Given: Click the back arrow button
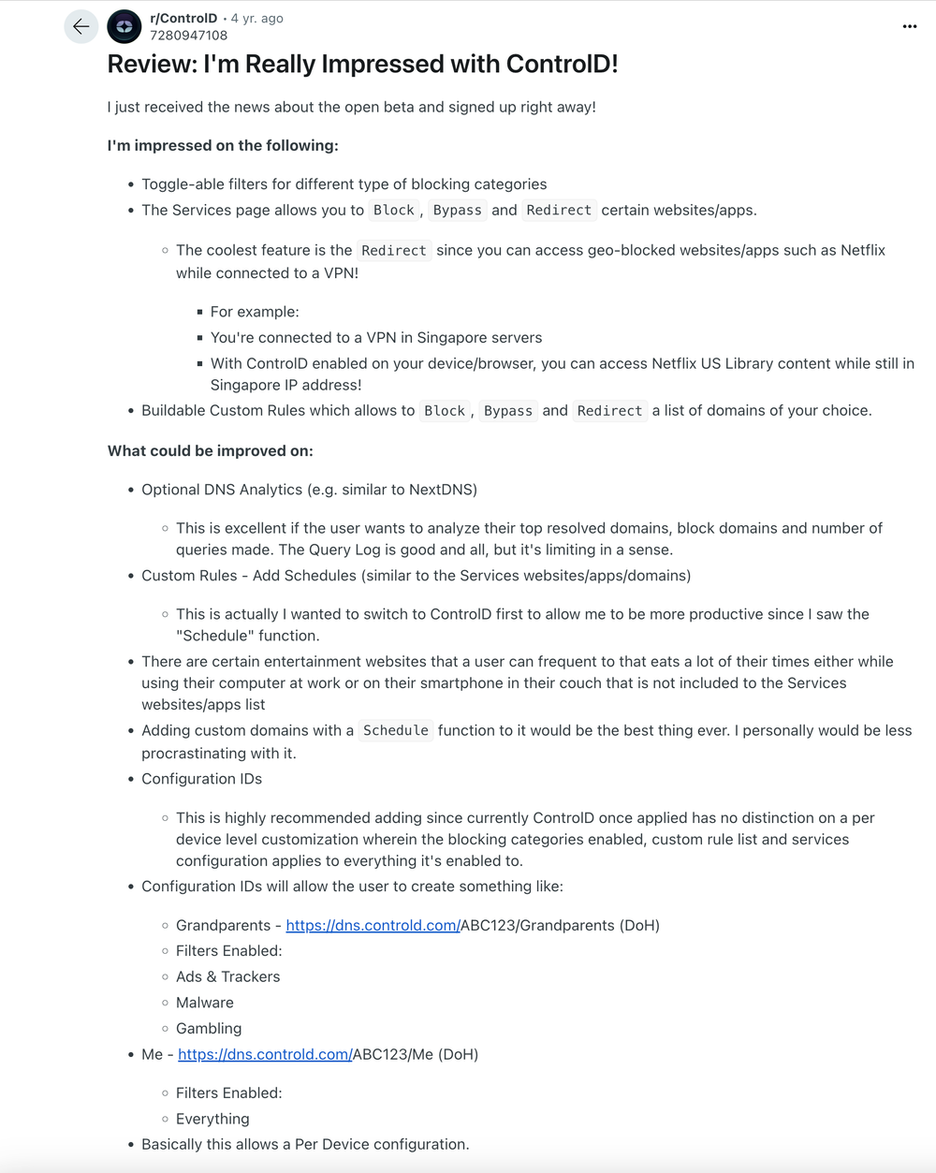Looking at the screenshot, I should pos(81,27).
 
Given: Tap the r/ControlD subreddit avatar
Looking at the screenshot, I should pos(124,27).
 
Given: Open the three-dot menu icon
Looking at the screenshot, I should pos(909,27).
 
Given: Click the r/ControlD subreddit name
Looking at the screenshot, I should pos(183,19).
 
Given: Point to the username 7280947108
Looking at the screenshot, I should pos(188,36).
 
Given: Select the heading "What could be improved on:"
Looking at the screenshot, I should pos(211,451).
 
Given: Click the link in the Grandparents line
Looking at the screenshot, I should pos(373,926).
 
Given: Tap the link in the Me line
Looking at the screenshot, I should pos(265,1055).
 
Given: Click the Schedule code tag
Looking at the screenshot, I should pos(396,731).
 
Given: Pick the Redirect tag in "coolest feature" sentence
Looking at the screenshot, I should pos(394,251).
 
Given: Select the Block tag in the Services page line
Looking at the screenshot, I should pos(394,211).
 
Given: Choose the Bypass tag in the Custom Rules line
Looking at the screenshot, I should pos(508,411).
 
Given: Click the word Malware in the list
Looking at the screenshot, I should pos(205,1003).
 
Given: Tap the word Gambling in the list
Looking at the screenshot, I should pos(209,1029).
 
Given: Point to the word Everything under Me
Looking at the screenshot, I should pos(212,1120).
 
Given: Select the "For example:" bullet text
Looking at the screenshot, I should pos(255,313).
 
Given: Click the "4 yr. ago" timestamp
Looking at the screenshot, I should pos(257,19).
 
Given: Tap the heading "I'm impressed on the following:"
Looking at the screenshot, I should pos(223,146).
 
